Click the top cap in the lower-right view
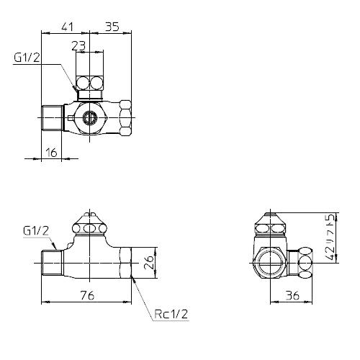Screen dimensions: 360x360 (272, 225)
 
